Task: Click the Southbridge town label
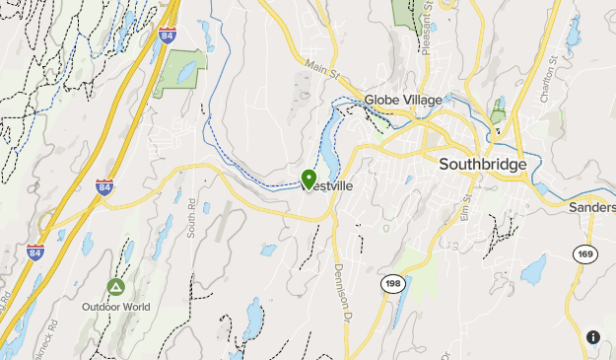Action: [483, 164]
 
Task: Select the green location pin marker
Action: [308, 179]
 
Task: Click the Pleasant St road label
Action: [427, 30]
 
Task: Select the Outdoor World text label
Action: [116, 307]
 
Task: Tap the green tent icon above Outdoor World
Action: [115, 287]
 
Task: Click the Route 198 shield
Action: [391, 284]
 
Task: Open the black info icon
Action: [592, 336]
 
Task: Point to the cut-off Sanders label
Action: [592, 208]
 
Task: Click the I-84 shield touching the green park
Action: [168, 37]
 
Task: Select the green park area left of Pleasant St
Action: [404, 11]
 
